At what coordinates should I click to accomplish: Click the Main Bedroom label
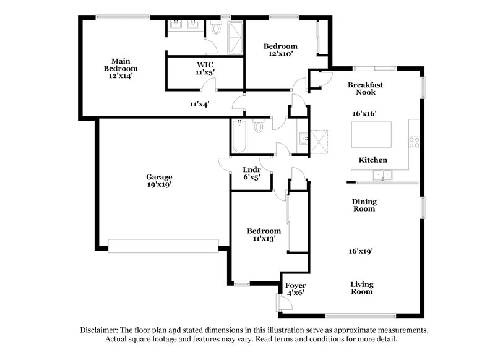tap(120, 68)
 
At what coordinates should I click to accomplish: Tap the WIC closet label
tap(205, 68)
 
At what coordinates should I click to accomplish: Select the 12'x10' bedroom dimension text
tap(280, 54)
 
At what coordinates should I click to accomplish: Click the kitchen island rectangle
tap(371, 134)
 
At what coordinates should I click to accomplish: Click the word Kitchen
tap(373, 160)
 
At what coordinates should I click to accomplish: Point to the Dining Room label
tap(364, 205)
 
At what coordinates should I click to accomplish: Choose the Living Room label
tap(362, 288)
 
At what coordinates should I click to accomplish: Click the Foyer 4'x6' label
tap(295, 289)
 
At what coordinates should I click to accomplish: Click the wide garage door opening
tap(163, 246)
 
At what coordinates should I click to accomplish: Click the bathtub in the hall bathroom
tap(239, 135)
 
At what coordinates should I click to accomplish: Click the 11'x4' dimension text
tap(199, 105)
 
